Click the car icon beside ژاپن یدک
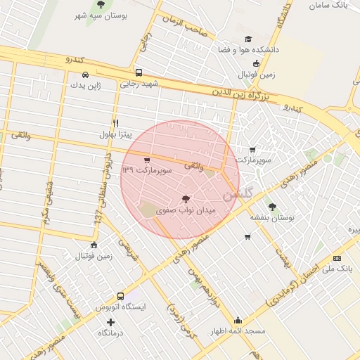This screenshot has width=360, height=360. click(x=85, y=75)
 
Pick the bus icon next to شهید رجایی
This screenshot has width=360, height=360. click(x=139, y=72)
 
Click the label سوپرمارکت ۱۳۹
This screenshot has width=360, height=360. click(x=146, y=170)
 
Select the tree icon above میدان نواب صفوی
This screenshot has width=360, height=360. click(x=186, y=199)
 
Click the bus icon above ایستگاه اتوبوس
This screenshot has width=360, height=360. click(x=120, y=296)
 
